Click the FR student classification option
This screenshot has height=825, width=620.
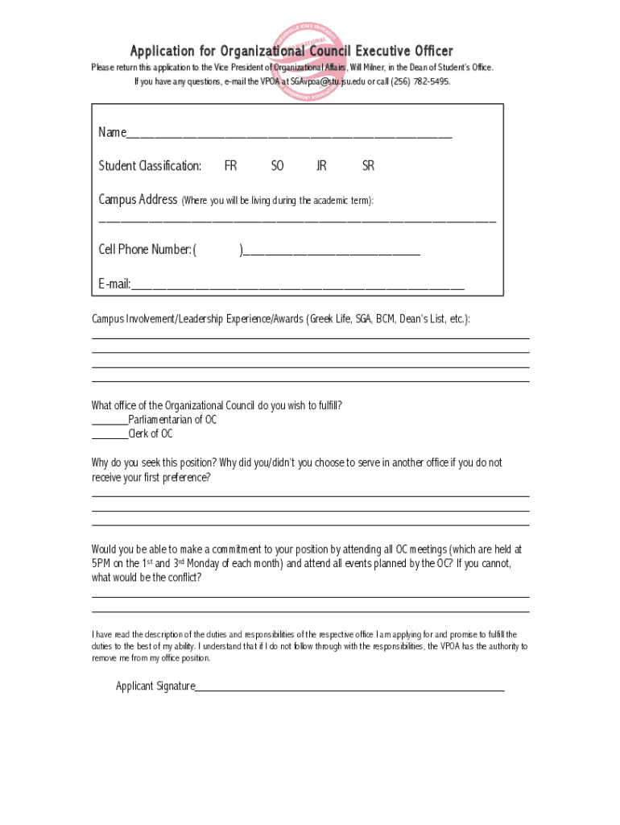point(230,166)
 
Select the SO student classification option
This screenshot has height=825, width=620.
point(277,166)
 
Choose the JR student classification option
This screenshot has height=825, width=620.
point(321,166)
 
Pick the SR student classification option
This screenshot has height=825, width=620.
point(368,166)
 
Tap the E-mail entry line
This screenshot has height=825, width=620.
point(297,284)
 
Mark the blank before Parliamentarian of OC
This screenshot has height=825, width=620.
point(110,421)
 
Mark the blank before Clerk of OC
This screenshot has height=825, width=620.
point(110,435)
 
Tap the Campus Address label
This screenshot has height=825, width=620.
point(138,199)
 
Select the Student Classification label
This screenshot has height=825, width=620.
point(150,166)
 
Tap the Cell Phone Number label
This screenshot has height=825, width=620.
point(145,250)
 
